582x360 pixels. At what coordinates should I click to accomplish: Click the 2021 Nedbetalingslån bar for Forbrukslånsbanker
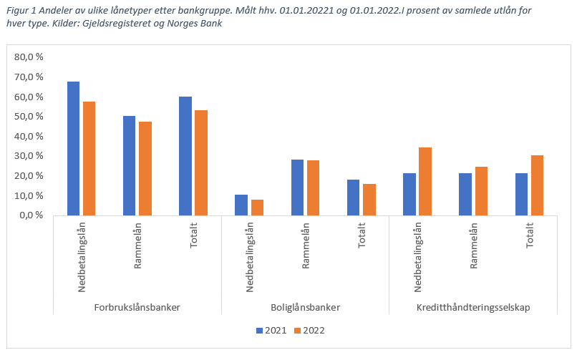pyautogui.click(x=73, y=148)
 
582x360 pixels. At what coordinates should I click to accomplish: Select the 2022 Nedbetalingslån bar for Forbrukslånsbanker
pyautogui.click(x=89, y=158)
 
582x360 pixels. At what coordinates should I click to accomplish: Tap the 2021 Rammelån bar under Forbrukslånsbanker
pyautogui.click(x=129, y=165)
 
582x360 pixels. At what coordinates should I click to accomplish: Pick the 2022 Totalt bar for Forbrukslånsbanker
pyautogui.click(x=200, y=162)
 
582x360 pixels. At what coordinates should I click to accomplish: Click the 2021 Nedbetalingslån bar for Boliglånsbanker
pyautogui.click(x=241, y=205)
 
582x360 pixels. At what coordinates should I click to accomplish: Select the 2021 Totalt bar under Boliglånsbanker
pyautogui.click(x=353, y=197)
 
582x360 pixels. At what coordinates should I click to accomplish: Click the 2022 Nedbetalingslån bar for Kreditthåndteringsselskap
pyautogui.click(x=425, y=181)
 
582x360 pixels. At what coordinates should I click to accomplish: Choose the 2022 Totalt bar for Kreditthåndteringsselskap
pyautogui.click(x=537, y=185)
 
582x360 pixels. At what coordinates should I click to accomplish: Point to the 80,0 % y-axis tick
pyautogui.click(x=29, y=57)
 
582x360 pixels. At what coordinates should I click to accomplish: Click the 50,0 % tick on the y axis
pyautogui.click(x=29, y=116)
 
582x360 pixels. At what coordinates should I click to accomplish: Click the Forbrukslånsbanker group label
pyautogui.click(x=137, y=307)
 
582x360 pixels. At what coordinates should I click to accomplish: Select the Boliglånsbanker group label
pyautogui.click(x=305, y=307)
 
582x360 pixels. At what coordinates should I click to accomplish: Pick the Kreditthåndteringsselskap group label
pyautogui.click(x=474, y=307)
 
